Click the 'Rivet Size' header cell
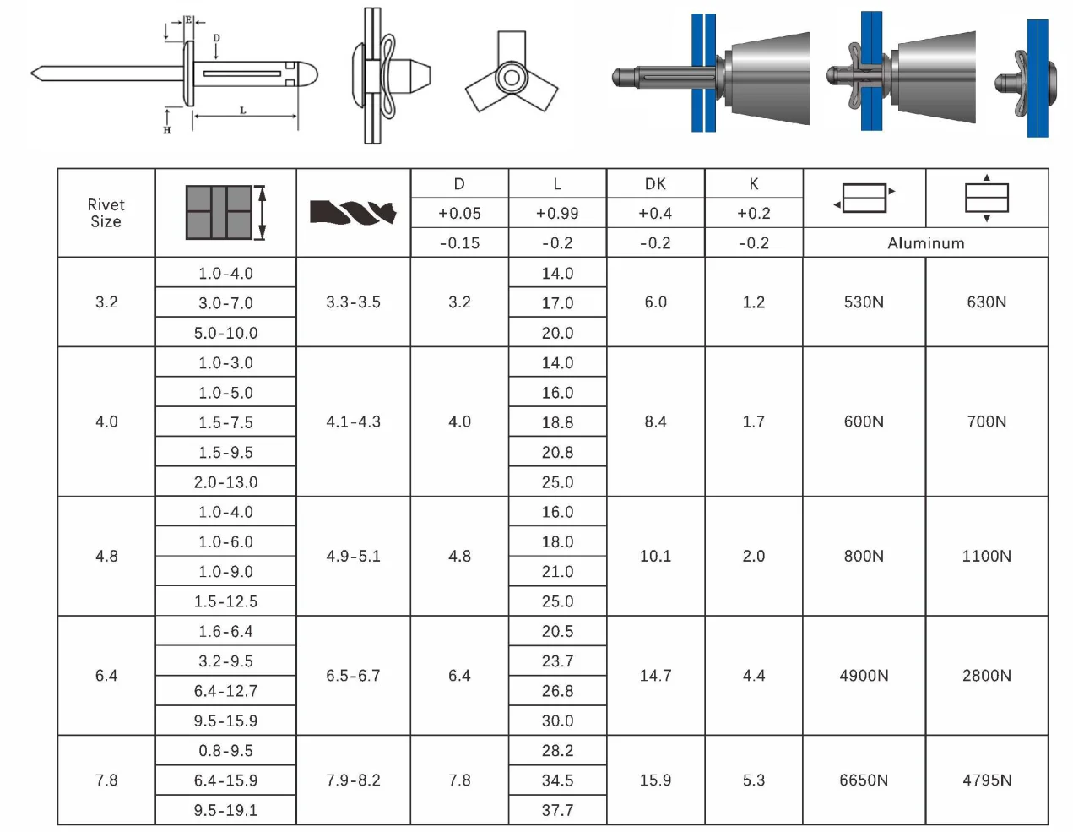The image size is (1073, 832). pos(106,213)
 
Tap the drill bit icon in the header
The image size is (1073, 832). pos(353,212)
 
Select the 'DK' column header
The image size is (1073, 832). pos(655,183)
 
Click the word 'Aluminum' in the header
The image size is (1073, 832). pos(925,242)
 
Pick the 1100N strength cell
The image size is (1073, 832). pos(986,556)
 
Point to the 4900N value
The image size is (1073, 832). pos(864,675)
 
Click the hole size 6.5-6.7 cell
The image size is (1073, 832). pos(353,675)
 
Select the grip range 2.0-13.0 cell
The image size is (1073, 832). pos(225,481)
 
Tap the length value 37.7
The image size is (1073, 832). pos(557,810)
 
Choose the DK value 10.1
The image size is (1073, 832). pos(655,556)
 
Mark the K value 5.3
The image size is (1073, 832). pos(753,780)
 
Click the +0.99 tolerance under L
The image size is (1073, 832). pos(557,213)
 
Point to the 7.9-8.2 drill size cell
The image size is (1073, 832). pos(353,780)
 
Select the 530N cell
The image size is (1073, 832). pos(864,302)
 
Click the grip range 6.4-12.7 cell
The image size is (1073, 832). pos(225,690)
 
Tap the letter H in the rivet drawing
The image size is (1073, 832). pos(167,130)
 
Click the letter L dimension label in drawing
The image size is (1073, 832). pos(243,111)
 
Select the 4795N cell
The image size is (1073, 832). pos(986,780)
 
